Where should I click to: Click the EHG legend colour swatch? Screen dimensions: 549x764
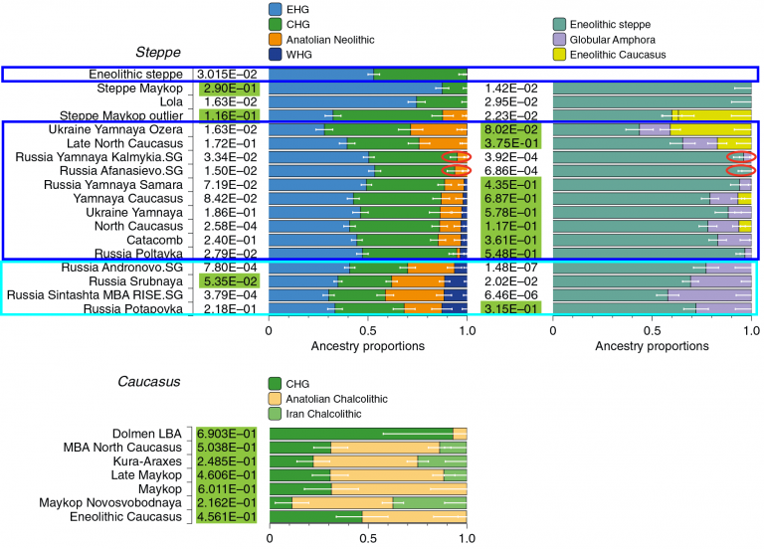click(276, 7)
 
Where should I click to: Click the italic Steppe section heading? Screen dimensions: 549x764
click(158, 53)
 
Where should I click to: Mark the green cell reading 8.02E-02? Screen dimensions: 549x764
click(512, 129)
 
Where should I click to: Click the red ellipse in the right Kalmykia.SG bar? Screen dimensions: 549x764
click(741, 156)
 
